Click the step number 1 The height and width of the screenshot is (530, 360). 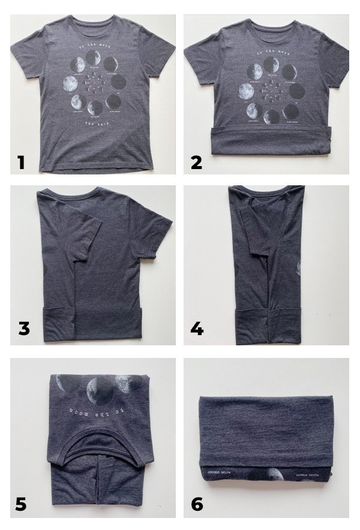click(x=21, y=162)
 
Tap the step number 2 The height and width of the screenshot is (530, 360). click(x=196, y=162)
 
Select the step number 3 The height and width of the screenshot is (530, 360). click(x=24, y=329)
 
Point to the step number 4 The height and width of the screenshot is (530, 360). click(x=197, y=329)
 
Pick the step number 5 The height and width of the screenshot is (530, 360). click(x=21, y=504)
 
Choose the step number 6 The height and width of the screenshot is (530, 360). click(x=197, y=504)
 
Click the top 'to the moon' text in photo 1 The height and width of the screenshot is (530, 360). click(x=93, y=45)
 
